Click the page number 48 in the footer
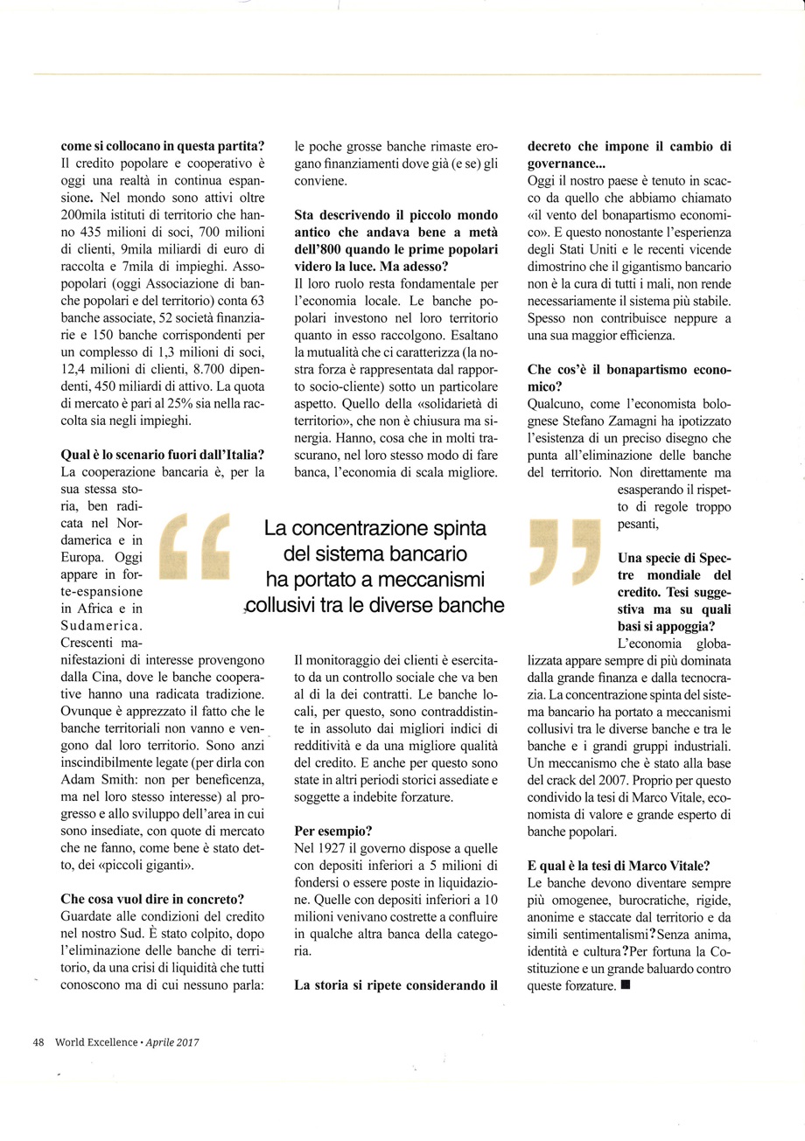[38, 1042]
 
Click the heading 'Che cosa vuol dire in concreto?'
[151, 898]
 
